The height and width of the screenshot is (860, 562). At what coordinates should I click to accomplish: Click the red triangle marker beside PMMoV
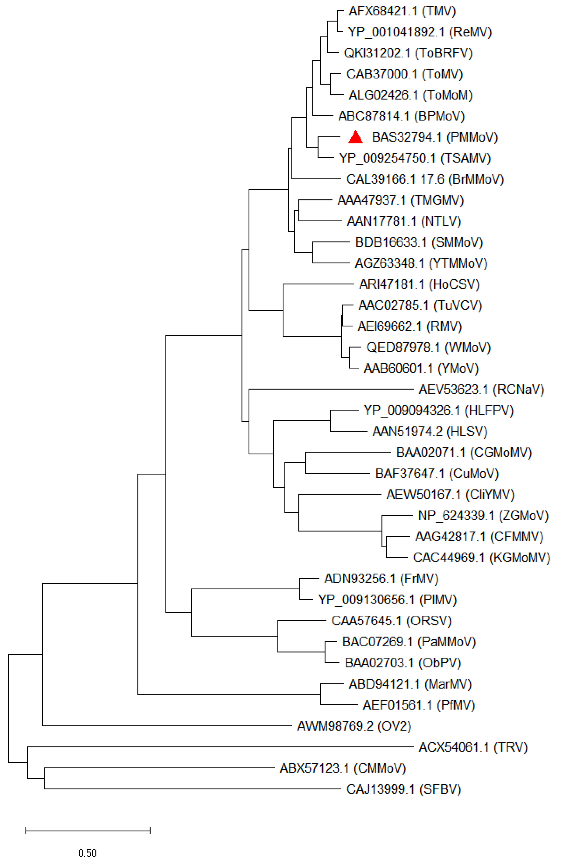coord(356,137)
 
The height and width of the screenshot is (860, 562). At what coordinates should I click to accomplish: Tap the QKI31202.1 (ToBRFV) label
coord(408,53)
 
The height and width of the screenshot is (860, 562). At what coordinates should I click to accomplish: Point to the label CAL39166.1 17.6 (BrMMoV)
coord(425,179)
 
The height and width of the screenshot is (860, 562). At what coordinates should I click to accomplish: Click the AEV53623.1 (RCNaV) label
coord(481,390)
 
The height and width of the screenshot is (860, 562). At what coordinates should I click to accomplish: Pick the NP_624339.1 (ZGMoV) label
coord(483,516)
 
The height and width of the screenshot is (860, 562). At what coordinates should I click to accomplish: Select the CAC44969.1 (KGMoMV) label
coord(481,558)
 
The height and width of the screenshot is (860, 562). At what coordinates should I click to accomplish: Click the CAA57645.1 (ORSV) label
coord(391,621)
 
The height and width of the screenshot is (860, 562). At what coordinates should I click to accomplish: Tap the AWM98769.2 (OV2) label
coord(354,726)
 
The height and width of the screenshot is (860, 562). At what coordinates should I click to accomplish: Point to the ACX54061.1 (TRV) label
coord(473,747)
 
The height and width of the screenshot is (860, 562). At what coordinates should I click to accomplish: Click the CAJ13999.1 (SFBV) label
coord(404,789)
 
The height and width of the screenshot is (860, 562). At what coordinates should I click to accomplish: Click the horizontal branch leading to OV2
coord(166,726)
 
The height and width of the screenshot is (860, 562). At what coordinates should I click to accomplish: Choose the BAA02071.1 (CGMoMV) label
coord(464,452)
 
